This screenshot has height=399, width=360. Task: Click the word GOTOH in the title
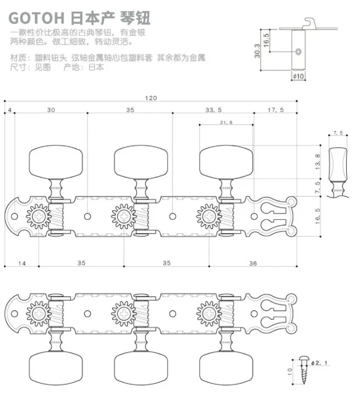click(x=37, y=18)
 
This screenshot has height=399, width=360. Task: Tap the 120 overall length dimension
click(x=151, y=98)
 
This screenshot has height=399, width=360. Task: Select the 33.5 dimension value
click(x=214, y=110)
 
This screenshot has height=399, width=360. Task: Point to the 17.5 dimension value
click(x=276, y=110)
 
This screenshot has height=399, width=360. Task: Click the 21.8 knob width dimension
click(x=226, y=122)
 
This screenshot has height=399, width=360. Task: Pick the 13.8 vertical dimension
click(x=318, y=162)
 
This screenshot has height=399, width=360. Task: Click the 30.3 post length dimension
click(x=257, y=51)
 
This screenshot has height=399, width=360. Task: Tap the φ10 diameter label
click(x=298, y=76)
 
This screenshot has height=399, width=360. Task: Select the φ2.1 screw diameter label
click(x=319, y=363)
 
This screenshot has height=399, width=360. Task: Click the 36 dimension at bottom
click(x=253, y=263)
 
